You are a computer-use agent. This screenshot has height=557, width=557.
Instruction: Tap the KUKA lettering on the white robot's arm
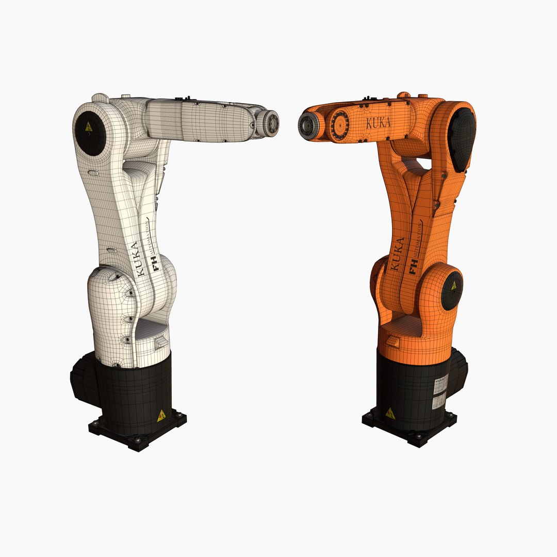[x=136, y=260]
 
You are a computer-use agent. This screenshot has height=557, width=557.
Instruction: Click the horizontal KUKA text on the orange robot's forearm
[x=378, y=123]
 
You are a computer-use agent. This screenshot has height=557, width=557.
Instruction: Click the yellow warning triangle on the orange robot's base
[x=389, y=413]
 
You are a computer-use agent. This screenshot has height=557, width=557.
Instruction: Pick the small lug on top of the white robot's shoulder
[x=100, y=96]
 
